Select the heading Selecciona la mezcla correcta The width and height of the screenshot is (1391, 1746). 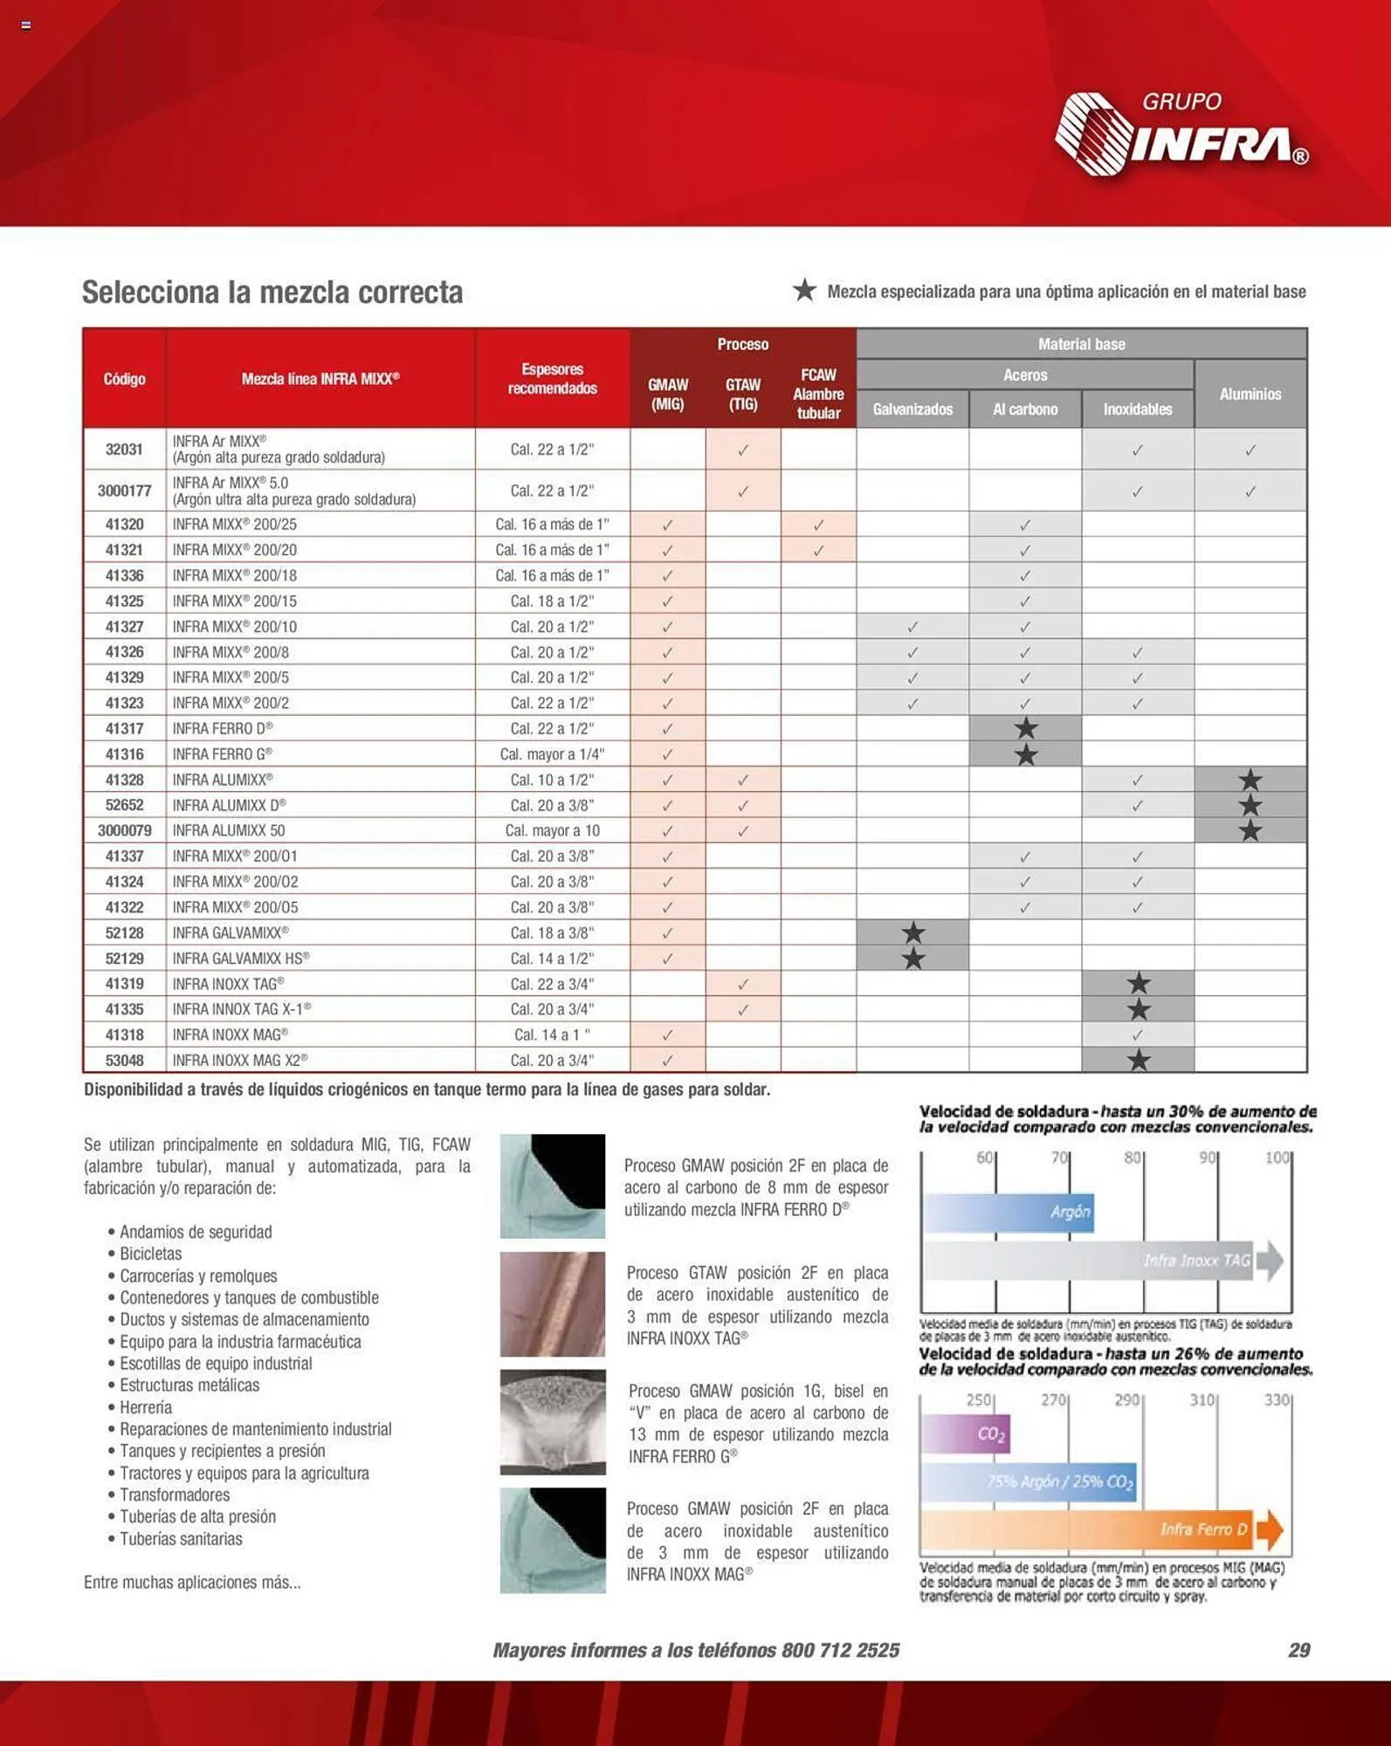click(x=272, y=292)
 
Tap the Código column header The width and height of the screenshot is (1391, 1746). click(x=124, y=379)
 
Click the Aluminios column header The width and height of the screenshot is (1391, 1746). click(x=1250, y=394)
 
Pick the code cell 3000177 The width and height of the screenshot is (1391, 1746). click(x=124, y=491)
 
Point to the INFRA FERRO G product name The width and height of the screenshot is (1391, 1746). click(x=223, y=753)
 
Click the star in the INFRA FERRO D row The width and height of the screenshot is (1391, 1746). click(x=1026, y=728)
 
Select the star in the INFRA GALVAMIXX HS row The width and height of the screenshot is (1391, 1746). click(x=913, y=959)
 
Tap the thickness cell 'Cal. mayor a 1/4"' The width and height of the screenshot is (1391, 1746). click(x=552, y=753)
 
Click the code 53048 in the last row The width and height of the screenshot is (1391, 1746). click(x=124, y=1060)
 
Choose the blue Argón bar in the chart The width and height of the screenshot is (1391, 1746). click(x=1009, y=1212)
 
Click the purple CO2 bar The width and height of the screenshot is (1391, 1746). click(x=966, y=1433)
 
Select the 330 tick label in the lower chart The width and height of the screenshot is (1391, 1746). click(x=1277, y=1399)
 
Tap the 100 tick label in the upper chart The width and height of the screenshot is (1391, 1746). click(x=1277, y=1158)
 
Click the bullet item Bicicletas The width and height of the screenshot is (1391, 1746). click(x=151, y=1254)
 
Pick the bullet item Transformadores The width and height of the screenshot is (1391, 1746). click(x=175, y=1495)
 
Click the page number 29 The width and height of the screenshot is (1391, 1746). click(x=1298, y=1650)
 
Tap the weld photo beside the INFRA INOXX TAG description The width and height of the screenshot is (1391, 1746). click(x=552, y=1303)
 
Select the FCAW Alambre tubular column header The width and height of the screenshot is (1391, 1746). click(x=818, y=394)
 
